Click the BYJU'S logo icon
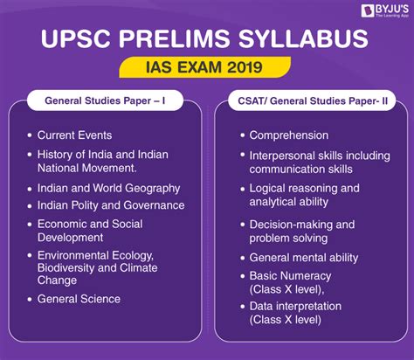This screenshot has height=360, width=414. (368, 10)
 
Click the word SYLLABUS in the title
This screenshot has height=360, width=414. (304, 38)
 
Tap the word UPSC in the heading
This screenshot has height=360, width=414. (76, 38)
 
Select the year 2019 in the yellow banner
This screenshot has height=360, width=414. (245, 67)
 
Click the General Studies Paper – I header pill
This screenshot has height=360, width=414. (105, 100)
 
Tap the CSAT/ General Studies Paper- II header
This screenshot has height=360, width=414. (312, 100)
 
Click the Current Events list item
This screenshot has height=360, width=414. (74, 135)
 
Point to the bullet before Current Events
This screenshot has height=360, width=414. (30, 135)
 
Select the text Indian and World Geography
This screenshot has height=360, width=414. (108, 189)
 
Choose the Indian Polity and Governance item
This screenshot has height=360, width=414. (111, 205)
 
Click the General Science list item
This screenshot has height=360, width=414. (79, 299)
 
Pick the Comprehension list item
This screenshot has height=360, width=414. (289, 135)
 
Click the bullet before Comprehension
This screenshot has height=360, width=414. (243, 135)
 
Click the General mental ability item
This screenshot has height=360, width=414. (304, 258)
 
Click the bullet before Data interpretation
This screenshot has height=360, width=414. (243, 307)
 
